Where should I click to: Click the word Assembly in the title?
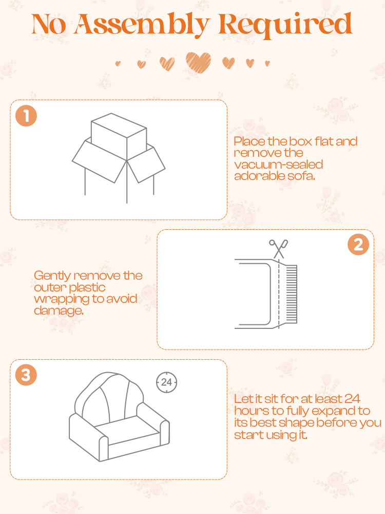pyautogui.click(x=142, y=25)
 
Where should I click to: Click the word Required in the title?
pyautogui.click(x=285, y=24)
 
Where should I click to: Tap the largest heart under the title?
pyautogui.click(x=198, y=62)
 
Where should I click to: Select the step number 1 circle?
pyautogui.click(x=26, y=116)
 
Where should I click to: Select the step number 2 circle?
pyautogui.click(x=358, y=245)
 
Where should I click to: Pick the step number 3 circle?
pyautogui.click(x=26, y=375)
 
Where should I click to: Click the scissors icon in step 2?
pyautogui.click(x=278, y=248)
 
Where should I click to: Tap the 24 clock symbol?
pyautogui.click(x=167, y=382)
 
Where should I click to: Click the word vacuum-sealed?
pyautogui.click(x=279, y=164)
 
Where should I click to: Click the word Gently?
pyautogui.click(x=52, y=276)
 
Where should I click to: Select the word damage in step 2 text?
pyautogui.click(x=59, y=310)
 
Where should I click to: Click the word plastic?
pyautogui.click(x=87, y=287)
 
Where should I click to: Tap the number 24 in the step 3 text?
pyautogui.click(x=352, y=399)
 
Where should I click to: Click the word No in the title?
pyautogui.click(x=49, y=24)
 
